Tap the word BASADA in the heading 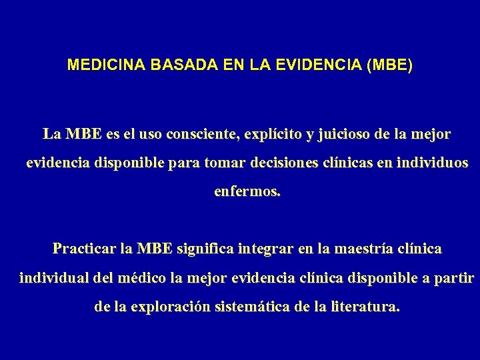[x=170, y=66]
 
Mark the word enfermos [x=247, y=191]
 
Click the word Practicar [x=83, y=249]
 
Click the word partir [x=457, y=277]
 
